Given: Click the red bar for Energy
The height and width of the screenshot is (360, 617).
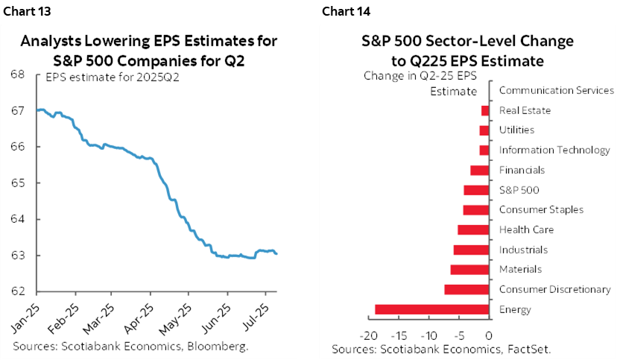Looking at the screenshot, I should tap(431, 309).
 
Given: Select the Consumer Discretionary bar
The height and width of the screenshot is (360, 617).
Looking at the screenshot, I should tap(466, 289).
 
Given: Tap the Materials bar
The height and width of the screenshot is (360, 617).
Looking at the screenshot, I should tap(469, 269).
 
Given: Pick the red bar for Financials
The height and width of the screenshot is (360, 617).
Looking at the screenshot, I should tap(480, 170).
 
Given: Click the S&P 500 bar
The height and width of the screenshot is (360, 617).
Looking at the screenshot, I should tap(476, 190).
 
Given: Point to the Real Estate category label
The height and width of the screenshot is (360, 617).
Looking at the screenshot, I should tap(525, 110).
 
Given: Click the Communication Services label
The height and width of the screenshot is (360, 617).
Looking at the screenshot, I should tap(556, 90).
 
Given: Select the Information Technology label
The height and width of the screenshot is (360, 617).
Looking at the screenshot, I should tap(554, 150).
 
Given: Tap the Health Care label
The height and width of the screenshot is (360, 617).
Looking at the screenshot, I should tap(526, 230).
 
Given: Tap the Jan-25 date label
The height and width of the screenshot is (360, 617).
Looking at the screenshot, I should tap(25, 317).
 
